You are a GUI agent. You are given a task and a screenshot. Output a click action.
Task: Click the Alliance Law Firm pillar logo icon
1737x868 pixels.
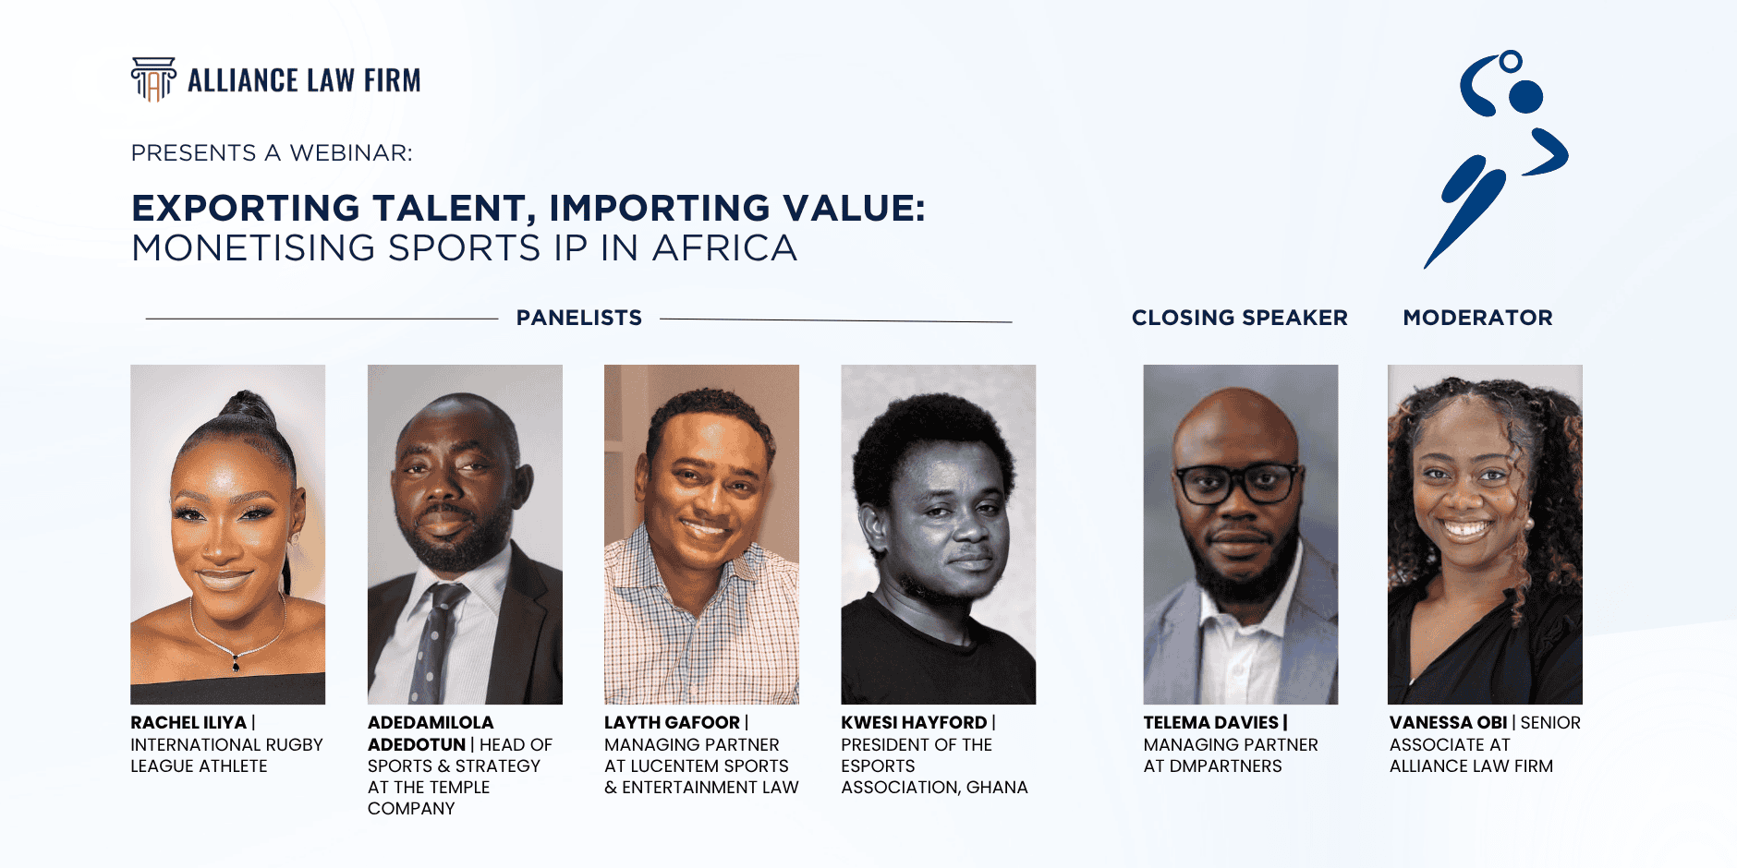153,79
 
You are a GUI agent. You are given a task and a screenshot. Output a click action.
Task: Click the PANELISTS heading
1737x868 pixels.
578,318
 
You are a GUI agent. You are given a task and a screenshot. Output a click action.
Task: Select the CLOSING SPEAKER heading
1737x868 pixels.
1239,318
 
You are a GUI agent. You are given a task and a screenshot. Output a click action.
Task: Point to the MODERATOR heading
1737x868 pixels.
1477,318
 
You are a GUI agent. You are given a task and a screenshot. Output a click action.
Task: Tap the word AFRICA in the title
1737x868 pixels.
724,248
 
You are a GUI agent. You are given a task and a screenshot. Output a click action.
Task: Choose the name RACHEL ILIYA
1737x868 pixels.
188,723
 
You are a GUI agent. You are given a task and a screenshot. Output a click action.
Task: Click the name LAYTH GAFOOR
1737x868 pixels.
672,723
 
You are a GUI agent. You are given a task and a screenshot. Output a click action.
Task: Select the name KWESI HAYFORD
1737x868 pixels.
914,723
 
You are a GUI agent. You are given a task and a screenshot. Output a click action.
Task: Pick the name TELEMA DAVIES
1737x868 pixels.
1210,723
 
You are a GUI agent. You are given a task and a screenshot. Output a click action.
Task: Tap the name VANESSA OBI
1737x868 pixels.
1448,723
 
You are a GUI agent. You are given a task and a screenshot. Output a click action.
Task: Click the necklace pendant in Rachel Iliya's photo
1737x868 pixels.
237,663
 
